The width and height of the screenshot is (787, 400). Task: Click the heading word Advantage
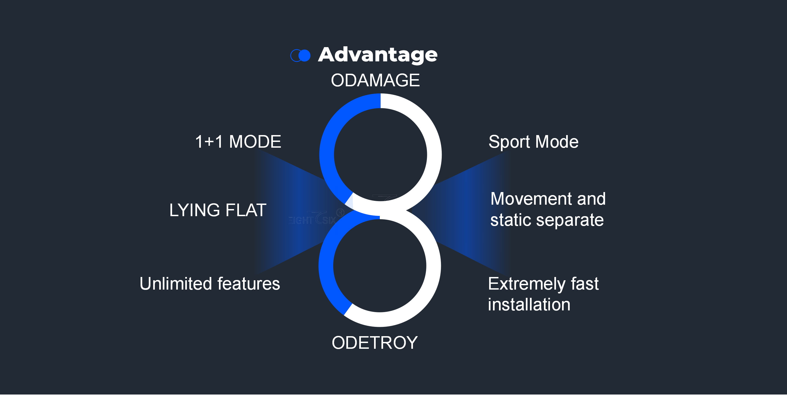pyautogui.click(x=378, y=55)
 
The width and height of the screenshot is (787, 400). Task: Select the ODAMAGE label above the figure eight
pyautogui.click(x=375, y=81)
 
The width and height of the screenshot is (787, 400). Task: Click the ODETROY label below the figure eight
pyautogui.click(x=375, y=343)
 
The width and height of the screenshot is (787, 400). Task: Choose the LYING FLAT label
pyautogui.click(x=218, y=210)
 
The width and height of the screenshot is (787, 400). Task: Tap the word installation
pyautogui.click(x=529, y=305)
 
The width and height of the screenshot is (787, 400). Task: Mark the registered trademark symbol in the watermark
pyautogui.click(x=340, y=212)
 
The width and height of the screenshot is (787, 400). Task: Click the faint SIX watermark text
pyautogui.click(x=329, y=220)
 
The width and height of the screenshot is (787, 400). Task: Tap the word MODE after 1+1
pyautogui.click(x=255, y=142)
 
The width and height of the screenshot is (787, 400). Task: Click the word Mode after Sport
pyautogui.click(x=557, y=142)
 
